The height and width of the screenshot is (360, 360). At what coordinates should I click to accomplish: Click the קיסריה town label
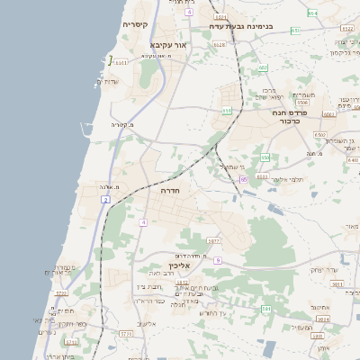(x=136, y=24)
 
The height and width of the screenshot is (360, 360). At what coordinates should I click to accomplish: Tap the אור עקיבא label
(x=169, y=43)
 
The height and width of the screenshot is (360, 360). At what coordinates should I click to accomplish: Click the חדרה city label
(x=171, y=191)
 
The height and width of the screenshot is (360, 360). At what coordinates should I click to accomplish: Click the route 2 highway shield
(x=105, y=199)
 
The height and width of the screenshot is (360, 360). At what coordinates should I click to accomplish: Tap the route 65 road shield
(x=243, y=179)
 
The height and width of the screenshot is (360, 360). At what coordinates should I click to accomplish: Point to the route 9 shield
(x=217, y=259)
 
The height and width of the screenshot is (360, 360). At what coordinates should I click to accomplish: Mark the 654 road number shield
(x=311, y=13)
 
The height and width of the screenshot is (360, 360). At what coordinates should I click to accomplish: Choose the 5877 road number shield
(x=212, y=241)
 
